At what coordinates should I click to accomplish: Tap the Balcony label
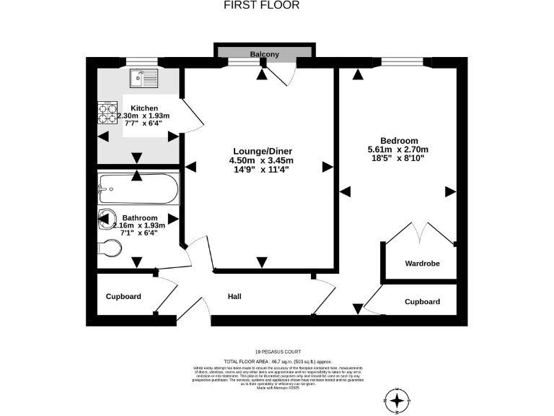pyautogui.click(x=265, y=54)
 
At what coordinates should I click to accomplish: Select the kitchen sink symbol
pyautogui.click(x=141, y=76)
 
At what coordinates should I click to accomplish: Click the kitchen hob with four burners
pyautogui.click(x=108, y=112)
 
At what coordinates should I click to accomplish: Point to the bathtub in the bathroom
pyautogui.click(x=136, y=189)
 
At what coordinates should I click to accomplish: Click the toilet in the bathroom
pyautogui.click(x=110, y=247)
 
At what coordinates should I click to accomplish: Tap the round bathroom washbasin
pyautogui.click(x=106, y=217)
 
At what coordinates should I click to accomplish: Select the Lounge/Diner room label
pyautogui.click(x=260, y=150)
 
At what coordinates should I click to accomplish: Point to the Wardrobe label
pyautogui.click(x=422, y=264)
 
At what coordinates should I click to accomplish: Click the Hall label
pyautogui.click(x=235, y=296)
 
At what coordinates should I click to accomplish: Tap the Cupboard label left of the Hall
pyautogui.click(x=123, y=296)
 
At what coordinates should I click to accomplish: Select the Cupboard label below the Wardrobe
pyautogui.click(x=422, y=301)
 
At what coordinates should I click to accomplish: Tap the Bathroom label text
pyautogui.click(x=139, y=217)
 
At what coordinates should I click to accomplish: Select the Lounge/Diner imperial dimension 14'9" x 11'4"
pyautogui.click(x=260, y=170)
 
